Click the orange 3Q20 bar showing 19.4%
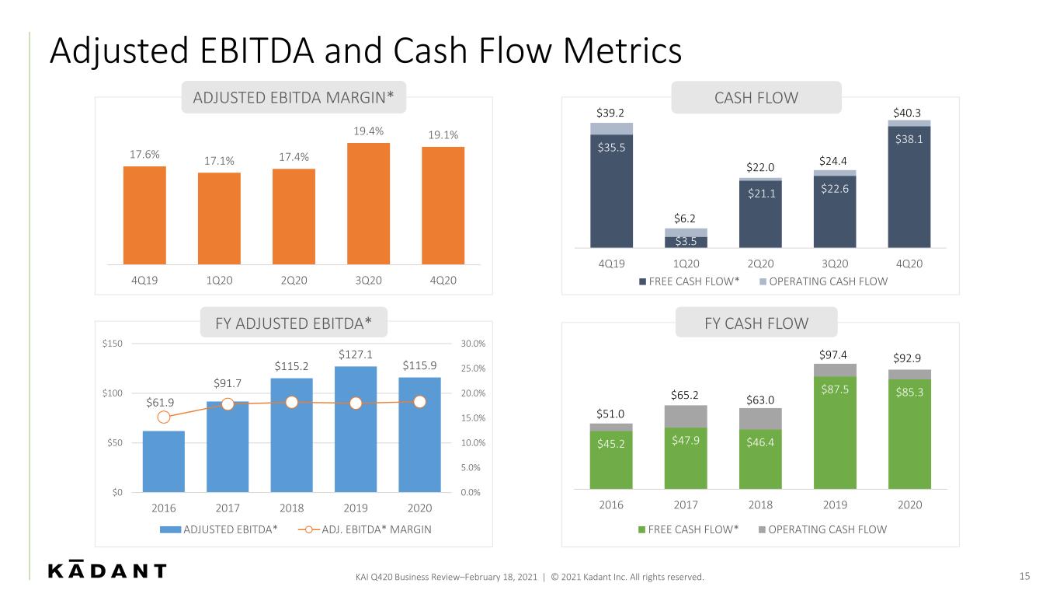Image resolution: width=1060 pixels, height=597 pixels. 368,204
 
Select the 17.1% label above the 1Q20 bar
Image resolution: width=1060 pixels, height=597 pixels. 219,161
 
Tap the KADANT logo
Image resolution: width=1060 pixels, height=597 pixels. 107,570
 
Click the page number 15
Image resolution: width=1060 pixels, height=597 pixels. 1024,576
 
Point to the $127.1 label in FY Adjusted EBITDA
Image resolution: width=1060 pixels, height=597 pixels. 356,354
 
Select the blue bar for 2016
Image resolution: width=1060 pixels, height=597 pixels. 164,462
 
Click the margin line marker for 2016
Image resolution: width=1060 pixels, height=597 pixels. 164,417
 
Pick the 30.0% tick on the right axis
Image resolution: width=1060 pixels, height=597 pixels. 473,344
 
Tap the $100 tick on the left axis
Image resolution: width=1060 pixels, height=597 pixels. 112,393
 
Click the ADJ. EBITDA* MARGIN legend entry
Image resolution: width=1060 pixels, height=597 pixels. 365,529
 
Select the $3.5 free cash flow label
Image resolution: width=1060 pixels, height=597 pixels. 686,242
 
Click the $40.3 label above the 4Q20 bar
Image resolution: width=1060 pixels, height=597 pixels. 907,113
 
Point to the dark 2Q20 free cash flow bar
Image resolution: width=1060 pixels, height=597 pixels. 760,215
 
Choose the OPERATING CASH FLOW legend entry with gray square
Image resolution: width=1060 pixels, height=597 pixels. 822,529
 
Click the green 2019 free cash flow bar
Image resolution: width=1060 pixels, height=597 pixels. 835,432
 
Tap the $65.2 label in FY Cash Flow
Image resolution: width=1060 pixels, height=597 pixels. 684,395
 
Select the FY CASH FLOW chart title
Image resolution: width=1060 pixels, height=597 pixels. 756,323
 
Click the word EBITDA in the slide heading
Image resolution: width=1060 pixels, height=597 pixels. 257,51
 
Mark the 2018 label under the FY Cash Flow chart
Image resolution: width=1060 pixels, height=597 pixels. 760,504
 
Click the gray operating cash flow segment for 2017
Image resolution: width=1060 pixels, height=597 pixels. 686,417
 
